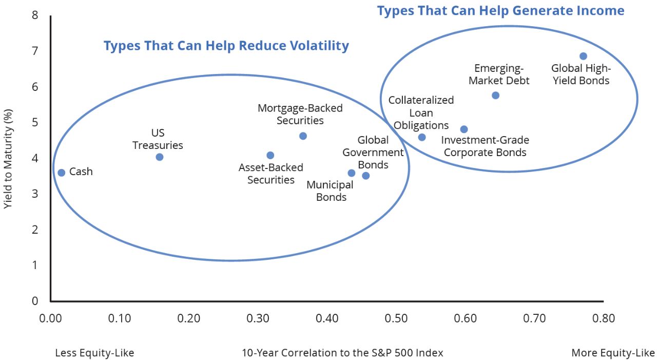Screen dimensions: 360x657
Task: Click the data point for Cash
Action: [61, 173]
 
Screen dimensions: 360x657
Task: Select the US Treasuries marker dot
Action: [159, 157]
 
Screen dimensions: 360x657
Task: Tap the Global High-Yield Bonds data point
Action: [583, 56]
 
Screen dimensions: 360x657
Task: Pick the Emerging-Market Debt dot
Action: [495, 96]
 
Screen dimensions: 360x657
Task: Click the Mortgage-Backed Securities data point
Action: [303, 136]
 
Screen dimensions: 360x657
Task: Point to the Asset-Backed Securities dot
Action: [270, 156]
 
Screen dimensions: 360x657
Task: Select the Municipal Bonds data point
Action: [351, 173]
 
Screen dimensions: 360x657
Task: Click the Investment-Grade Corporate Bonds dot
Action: [463, 129]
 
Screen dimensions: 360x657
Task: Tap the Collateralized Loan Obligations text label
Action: [421, 113]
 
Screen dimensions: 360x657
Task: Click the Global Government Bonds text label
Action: [373, 153]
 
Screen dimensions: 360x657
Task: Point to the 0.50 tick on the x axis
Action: [396, 318]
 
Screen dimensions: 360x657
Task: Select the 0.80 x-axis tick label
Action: [603, 318]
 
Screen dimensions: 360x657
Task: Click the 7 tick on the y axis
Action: [35, 51]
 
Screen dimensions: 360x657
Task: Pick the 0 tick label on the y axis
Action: [35, 301]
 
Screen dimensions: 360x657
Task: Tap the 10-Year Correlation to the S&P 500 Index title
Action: [342, 353]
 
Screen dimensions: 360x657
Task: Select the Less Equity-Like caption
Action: [94, 353]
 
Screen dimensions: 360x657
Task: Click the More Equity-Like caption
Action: [613, 353]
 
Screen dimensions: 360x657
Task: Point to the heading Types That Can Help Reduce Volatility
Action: [226, 46]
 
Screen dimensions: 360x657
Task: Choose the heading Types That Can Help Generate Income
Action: [500, 11]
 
